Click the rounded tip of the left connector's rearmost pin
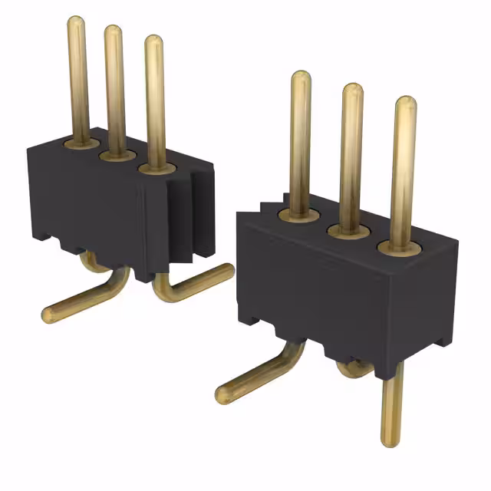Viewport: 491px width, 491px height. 76,22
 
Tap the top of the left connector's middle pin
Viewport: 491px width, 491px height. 114,32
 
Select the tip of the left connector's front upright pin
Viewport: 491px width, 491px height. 153,41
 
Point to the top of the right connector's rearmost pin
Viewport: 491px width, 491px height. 301,78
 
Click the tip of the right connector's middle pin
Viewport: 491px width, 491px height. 352,90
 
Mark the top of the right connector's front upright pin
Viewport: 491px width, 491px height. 405,104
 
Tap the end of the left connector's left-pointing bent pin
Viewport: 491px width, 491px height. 48,315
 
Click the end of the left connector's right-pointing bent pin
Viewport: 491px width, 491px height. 227,270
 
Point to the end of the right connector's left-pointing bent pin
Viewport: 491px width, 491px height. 223,395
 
